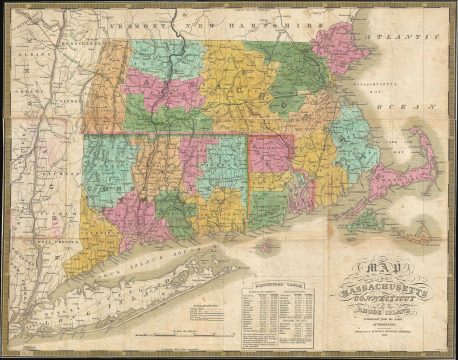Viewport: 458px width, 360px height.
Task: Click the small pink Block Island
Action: coord(264,244)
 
